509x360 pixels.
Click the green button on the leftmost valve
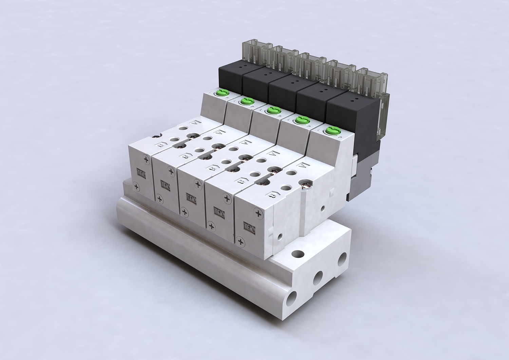223,92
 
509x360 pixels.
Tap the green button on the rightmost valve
329,130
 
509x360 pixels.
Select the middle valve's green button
271,110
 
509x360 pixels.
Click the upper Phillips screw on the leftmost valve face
147,159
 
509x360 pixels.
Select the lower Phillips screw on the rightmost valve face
241,242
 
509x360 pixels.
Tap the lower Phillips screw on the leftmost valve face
136,185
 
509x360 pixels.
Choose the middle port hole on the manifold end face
318,278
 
